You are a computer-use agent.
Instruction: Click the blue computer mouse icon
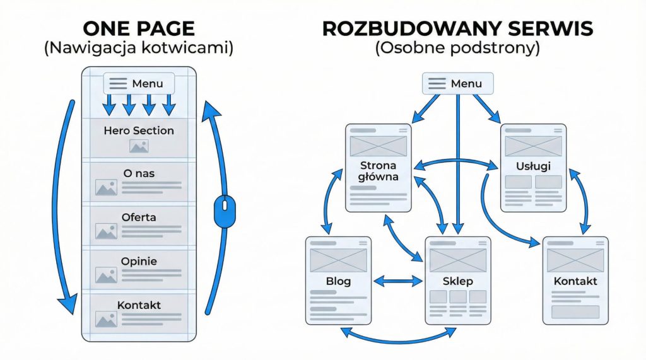click(224, 211)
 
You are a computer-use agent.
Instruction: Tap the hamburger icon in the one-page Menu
click(118, 84)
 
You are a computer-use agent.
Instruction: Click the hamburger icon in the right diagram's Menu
click(437, 84)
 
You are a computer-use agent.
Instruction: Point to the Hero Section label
click(139, 131)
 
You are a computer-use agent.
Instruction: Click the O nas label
click(139, 173)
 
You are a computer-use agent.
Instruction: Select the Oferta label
click(139, 217)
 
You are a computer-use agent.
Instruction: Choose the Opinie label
click(139, 261)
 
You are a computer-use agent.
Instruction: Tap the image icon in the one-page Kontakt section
click(106, 319)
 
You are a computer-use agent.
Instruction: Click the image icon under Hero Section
click(139, 146)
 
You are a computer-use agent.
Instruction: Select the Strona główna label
click(379, 171)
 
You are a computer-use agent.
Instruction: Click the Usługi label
click(533, 166)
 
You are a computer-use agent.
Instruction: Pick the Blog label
click(338, 281)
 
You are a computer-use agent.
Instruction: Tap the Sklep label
click(458, 281)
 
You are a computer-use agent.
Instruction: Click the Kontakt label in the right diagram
click(575, 281)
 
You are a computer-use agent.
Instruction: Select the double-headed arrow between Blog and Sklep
click(398, 281)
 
